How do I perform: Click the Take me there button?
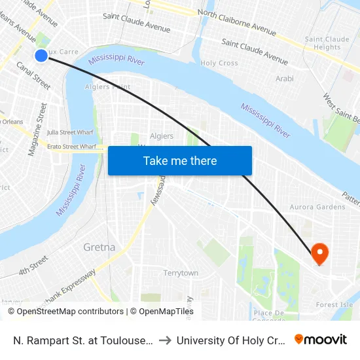(x=180, y=160)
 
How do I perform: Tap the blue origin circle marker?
(x=41, y=56)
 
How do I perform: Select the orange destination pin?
(x=319, y=253)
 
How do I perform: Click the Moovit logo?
(x=321, y=339)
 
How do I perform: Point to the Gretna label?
(x=99, y=247)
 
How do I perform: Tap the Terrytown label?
(x=181, y=272)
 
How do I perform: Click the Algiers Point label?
(x=107, y=86)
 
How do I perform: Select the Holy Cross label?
(x=219, y=63)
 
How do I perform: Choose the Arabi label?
(x=285, y=79)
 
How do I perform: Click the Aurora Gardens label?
(x=317, y=207)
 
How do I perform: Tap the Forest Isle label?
(x=334, y=304)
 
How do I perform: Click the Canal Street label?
(x=33, y=75)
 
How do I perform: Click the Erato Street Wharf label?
(x=72, y=147)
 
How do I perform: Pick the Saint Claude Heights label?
(x=323, y=43)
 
